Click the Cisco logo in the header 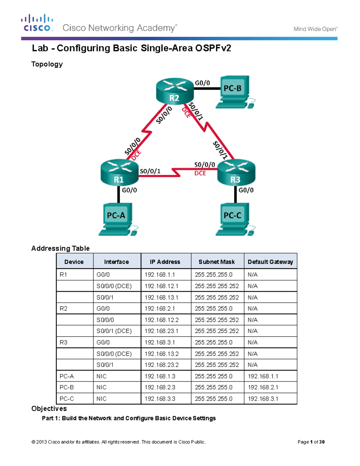(37, 23)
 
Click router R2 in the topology (175, 91)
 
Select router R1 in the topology (119, 173)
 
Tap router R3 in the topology (236, 173)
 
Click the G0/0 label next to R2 (202, 83)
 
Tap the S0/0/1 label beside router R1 (150, 171)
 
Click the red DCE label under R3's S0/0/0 (200, 173)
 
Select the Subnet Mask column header (217, 262)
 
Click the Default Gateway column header (270, 262)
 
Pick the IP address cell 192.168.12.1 (161, 286)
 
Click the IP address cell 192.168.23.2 (161, 365)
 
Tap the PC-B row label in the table (67, 387)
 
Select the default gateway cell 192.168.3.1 (263, 399)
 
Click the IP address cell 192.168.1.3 (160, 376)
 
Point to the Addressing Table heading (60, 248)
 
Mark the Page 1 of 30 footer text (311, 442)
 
